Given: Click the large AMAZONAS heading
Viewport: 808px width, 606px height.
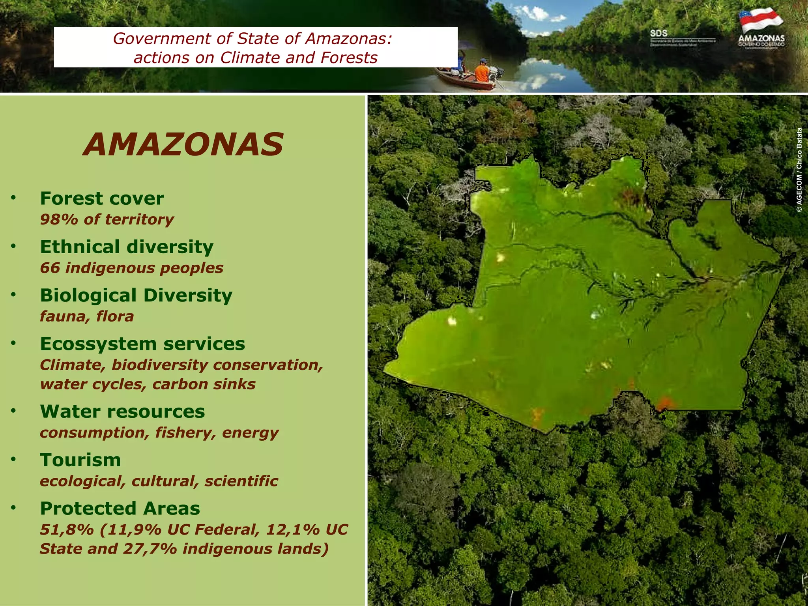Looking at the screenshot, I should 183,144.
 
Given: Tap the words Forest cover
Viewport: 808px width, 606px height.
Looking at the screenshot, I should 102,198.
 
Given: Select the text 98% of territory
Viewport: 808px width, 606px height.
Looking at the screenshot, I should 107,219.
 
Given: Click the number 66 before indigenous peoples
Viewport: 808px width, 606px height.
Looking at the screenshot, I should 50,268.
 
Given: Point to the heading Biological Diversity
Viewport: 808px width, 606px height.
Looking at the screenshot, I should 136,295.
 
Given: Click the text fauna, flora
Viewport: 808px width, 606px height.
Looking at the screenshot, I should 87,316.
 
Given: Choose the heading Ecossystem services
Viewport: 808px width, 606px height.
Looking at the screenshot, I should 142,344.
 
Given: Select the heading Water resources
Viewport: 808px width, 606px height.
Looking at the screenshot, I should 122,411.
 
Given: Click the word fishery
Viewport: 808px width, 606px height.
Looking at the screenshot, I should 185,433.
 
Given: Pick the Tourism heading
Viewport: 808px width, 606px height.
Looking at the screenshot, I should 80,460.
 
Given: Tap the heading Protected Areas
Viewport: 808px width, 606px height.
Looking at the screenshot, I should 120,509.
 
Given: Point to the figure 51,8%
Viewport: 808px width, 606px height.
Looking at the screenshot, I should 67,529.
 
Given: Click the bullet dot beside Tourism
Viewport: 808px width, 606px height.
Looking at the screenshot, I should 13,460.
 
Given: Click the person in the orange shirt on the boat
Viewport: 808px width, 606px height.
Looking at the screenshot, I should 482,72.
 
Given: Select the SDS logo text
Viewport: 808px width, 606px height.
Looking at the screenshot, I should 658,34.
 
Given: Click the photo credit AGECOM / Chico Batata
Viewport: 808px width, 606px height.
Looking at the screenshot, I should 799,170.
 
